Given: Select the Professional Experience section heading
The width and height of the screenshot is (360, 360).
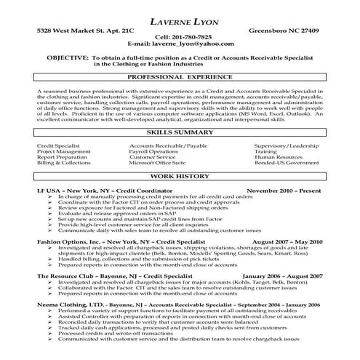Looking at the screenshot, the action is point(179,76).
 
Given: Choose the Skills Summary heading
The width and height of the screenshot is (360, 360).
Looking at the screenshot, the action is point(179,134).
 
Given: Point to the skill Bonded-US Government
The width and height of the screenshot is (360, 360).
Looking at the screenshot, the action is point(284,164).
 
